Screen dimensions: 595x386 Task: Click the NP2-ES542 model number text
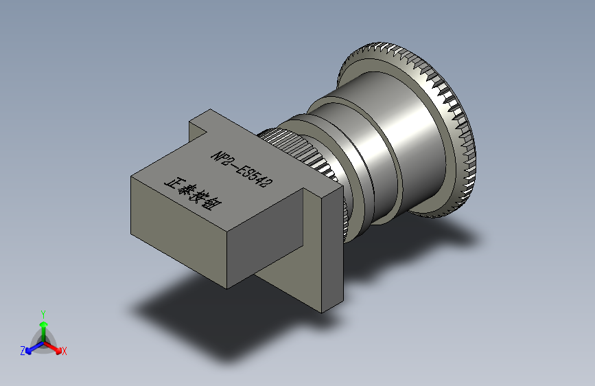(242, 169)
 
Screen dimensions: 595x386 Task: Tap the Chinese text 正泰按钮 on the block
(194, 194)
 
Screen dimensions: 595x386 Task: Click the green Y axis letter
(43, 314)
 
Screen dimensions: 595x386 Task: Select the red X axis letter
(64, 352)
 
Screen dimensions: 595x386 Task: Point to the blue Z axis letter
(23, 351)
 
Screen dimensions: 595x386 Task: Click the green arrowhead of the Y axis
(44, 325)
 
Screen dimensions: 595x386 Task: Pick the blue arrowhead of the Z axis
(28, 351)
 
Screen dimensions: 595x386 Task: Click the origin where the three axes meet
(44, 343)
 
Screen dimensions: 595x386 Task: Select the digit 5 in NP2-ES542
(254, 177)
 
